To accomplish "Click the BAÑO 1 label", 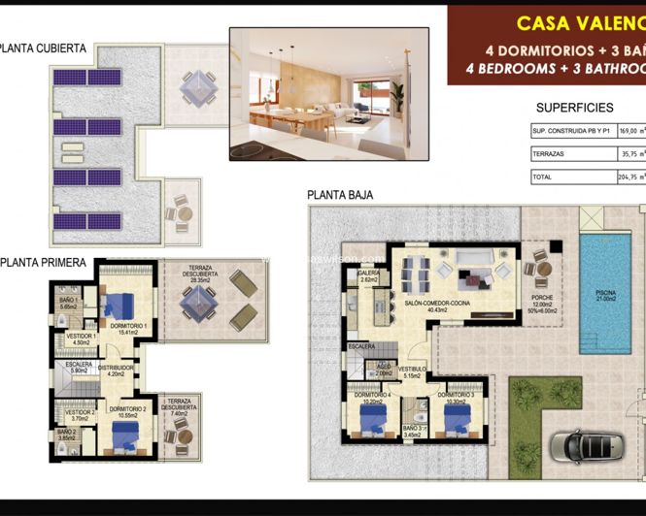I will (67, 303).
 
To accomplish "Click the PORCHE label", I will (542, 299).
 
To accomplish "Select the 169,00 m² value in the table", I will (632, 130).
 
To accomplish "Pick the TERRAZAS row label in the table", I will (548, 153).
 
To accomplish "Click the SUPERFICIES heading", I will (574, 108).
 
